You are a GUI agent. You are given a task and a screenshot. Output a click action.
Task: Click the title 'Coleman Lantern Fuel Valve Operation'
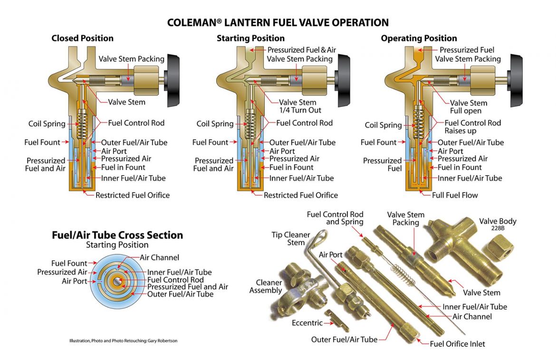pos(278,22)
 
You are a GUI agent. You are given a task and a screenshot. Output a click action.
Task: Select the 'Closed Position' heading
pos(82,38)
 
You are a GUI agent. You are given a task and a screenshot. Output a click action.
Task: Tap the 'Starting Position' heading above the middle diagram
pos(250,38)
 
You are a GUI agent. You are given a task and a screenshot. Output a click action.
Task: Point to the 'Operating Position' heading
pos(419,38)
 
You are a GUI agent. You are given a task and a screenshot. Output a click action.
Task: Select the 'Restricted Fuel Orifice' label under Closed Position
pos(132,195)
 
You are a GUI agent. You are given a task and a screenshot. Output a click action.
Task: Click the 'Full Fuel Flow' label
pos(454,195)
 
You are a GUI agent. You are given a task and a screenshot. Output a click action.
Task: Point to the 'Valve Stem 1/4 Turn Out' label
pos(300,106)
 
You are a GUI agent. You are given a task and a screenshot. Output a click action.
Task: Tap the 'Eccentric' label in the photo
pos(307,323)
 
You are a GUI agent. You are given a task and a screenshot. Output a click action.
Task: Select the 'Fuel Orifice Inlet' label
pos(457,344)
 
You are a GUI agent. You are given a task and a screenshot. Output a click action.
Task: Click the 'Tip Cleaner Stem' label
pos(290,238)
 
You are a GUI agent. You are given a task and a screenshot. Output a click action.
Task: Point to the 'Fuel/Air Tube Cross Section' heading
pos(117,235)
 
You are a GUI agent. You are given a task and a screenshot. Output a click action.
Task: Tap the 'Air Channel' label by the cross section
pos(159,257)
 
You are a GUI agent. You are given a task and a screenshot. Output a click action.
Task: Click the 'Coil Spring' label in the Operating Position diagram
pos(383,125)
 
